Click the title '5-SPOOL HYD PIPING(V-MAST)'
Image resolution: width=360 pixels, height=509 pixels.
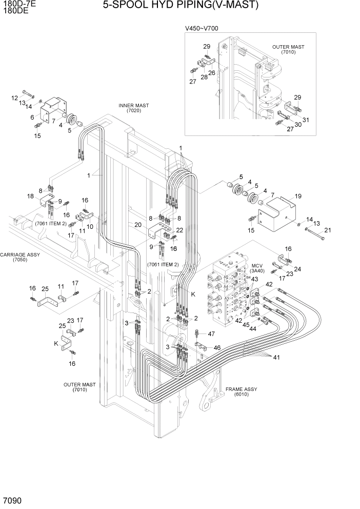coord(180,6)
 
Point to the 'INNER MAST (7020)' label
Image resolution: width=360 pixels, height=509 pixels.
coord(133,108)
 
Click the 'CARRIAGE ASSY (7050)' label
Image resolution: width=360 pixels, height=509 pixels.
coord(21,257)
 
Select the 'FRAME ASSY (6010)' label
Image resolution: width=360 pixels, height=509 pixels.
coord(241,392)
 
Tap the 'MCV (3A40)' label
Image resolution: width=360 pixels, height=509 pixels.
coord(256,268)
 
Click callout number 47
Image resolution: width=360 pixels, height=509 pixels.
coord(211,334)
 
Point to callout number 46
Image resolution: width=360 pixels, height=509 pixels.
coord(217,347)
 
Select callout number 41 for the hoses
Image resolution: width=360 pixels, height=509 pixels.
coord(276,357)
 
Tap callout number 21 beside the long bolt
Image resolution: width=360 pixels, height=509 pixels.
coord(328,230)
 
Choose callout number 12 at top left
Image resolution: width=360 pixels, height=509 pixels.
coord(15,97)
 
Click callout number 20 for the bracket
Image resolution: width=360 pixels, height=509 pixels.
coord(138,224)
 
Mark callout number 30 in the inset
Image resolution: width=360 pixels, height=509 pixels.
coord(298,124)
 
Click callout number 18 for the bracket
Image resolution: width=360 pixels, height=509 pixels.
coord(30,197)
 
